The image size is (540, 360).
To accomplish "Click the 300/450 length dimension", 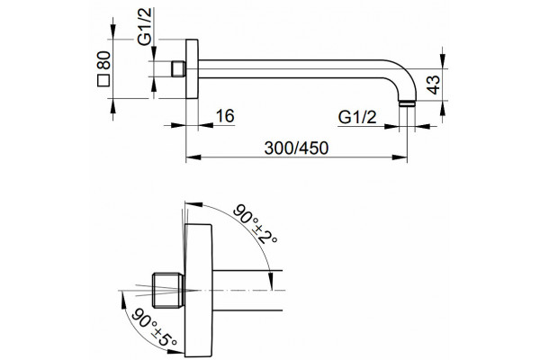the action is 296,148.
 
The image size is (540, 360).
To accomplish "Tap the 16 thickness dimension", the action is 225,116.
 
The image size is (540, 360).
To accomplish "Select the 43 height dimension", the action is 434,85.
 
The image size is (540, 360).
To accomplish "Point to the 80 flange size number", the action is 103,60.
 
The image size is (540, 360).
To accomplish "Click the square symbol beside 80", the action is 103,81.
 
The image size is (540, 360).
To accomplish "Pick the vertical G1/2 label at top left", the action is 144,26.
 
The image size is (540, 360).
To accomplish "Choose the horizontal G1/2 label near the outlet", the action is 357,117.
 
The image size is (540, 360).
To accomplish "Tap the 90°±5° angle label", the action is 154,328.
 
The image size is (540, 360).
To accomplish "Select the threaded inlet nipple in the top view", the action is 178,69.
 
